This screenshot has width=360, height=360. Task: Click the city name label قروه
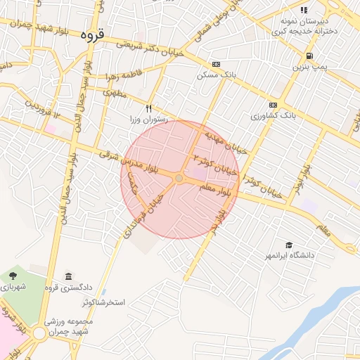pyautogui.click(x=92, y=34)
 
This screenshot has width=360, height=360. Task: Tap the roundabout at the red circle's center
pyautogui.click(x=179, y=179)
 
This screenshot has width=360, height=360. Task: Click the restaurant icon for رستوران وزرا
pyautogui.click(x=148, y=108)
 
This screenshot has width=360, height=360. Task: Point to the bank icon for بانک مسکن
pyautogui.click(x=215, y=63)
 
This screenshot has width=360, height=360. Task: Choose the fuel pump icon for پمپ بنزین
pyautogui.click(x=309, y=56)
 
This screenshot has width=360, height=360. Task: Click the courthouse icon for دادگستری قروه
pyautogui.click(x=68, y=276)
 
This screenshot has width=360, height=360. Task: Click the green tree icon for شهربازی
pyautogui.click(x=14, y=275)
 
